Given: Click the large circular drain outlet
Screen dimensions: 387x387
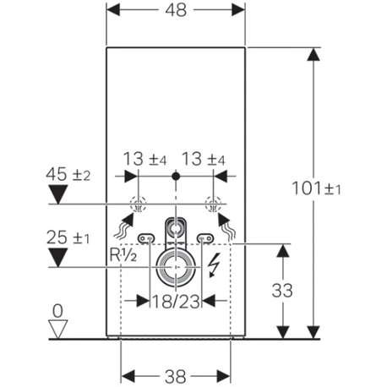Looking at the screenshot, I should point(176,266).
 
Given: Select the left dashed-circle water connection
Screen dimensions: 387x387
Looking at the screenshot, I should point(138,204).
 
